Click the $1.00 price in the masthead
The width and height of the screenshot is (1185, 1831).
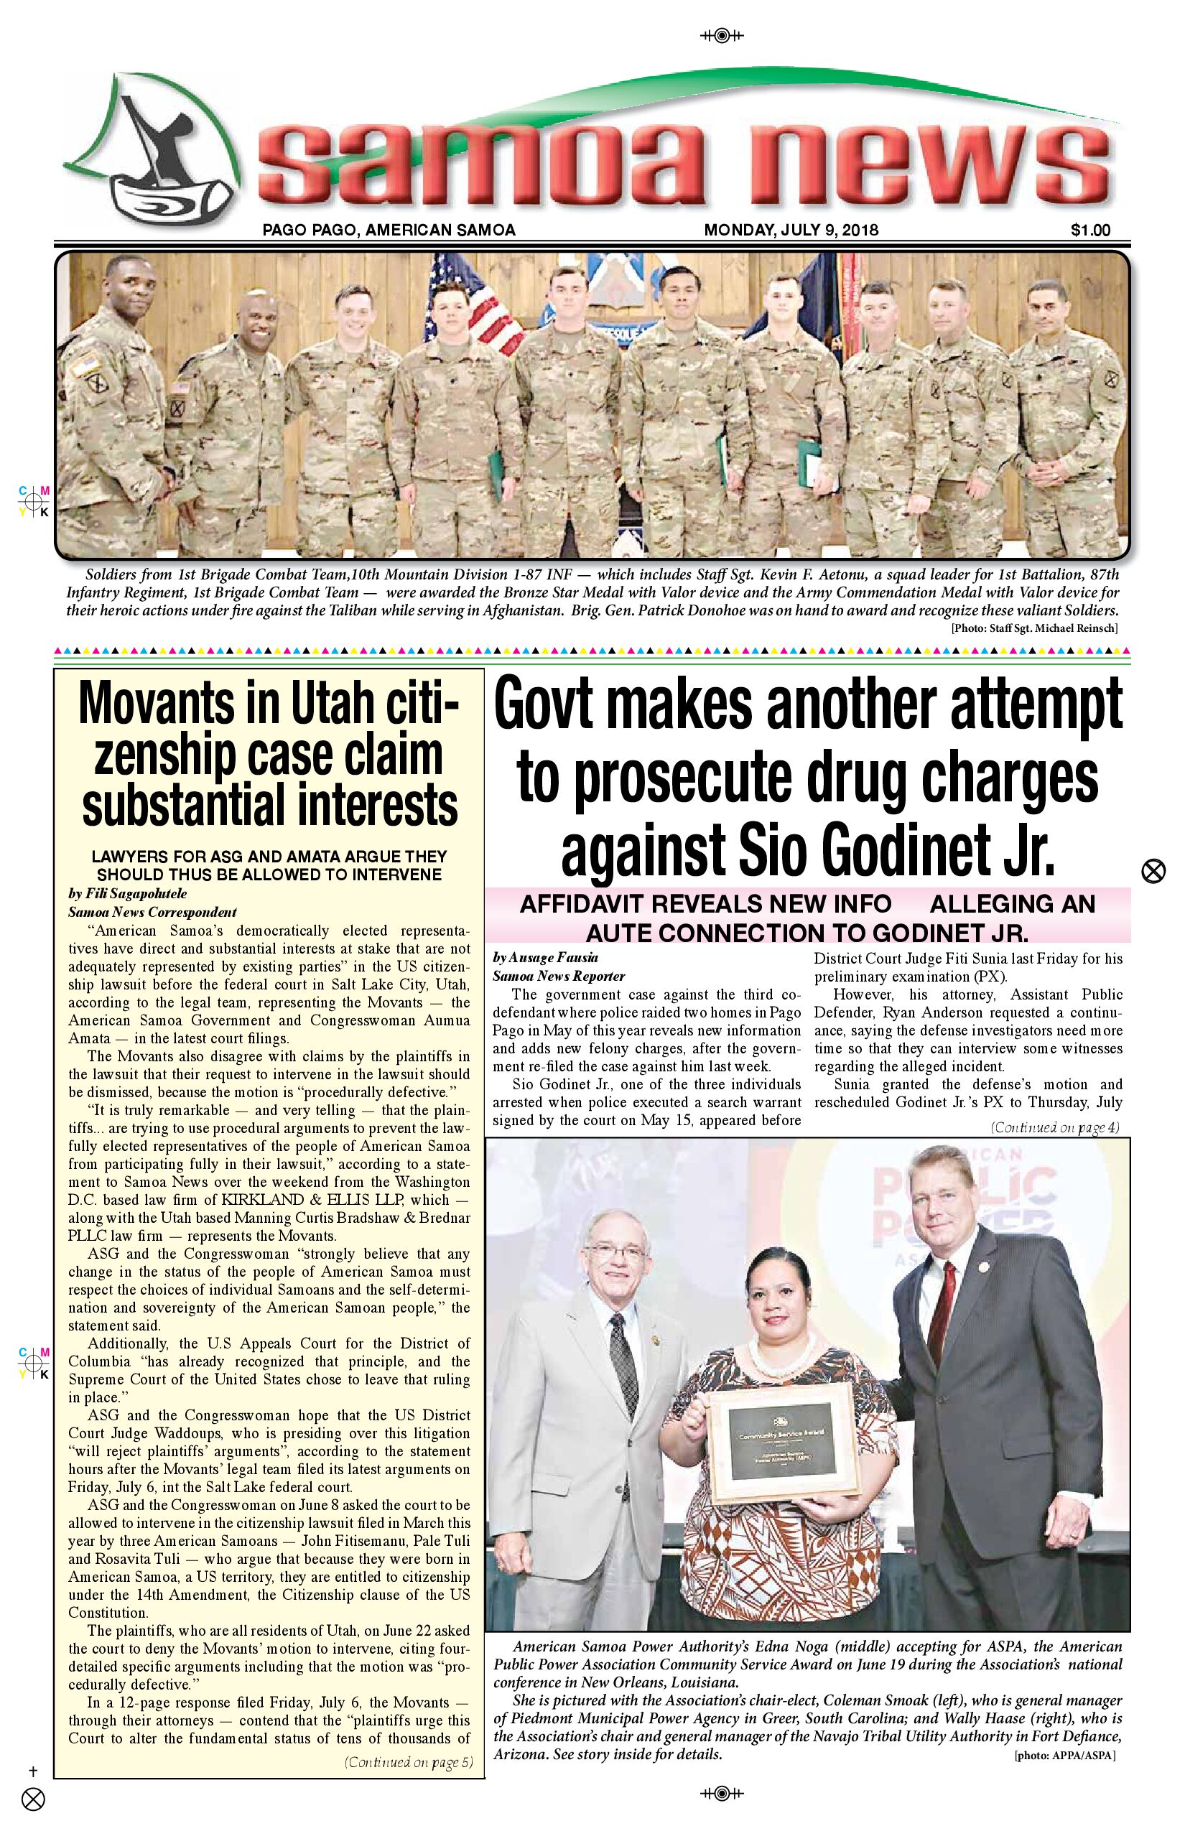coord(1089,230)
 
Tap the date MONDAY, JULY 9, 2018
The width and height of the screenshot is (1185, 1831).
coord(791,230)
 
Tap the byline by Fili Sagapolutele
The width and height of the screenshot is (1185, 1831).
coord(128,894)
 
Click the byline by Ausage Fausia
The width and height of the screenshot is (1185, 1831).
coord(546,958)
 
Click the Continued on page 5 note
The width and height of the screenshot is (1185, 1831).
coord(409,1763)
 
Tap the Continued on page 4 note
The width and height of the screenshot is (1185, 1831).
coord(1054,1128)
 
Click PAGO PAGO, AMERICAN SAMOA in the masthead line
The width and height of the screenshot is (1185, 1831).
coord(389,230)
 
